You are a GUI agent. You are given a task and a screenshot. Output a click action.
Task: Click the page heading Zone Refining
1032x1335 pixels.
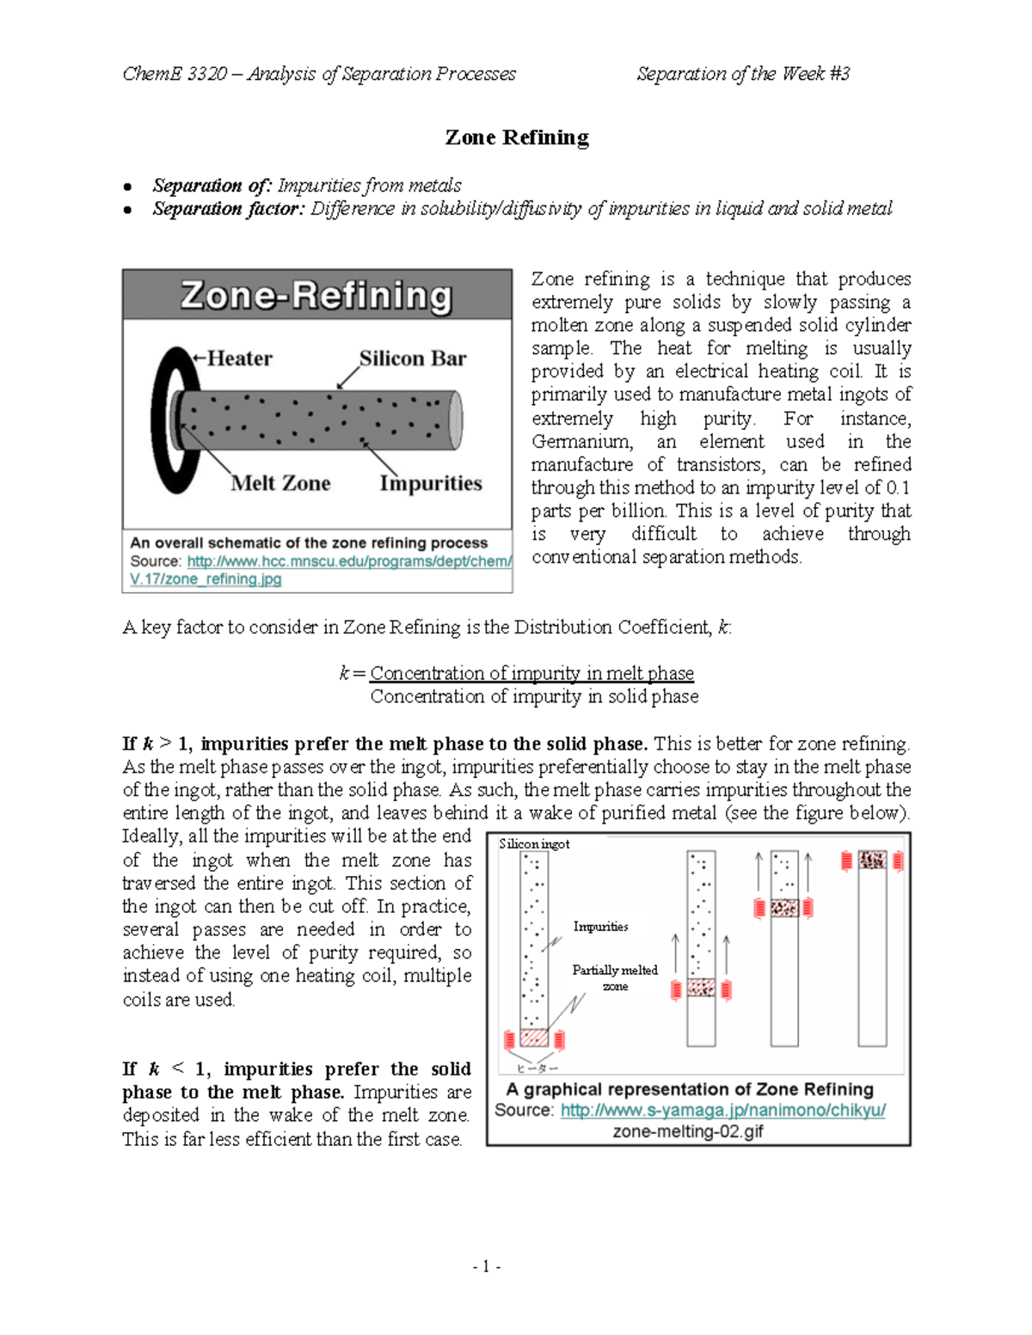516,138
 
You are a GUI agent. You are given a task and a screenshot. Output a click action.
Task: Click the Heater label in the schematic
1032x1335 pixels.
238,358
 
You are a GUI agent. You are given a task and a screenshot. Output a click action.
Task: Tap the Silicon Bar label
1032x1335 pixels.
413,358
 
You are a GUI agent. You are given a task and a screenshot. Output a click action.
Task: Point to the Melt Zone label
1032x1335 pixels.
280,483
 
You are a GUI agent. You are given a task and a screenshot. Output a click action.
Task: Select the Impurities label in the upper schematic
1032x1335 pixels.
431,483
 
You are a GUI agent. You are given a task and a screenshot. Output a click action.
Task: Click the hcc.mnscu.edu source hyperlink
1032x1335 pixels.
348,561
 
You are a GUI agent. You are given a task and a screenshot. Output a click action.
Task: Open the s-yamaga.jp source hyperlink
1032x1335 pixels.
722,1111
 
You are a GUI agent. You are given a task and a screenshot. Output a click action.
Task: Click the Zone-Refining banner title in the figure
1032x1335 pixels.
316,296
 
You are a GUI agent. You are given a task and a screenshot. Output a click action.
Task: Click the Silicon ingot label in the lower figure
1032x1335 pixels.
534,844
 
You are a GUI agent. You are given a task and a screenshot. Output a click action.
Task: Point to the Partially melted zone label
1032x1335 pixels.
614,977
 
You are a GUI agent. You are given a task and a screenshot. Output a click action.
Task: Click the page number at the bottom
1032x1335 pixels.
487,1266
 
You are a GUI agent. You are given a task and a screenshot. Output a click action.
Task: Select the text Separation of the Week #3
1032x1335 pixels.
743,74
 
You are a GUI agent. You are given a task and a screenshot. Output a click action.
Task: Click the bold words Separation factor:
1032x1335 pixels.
228,209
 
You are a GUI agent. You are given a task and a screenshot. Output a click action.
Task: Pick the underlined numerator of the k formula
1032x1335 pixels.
531,673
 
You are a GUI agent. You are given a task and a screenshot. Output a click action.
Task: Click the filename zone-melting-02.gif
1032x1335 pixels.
687,1132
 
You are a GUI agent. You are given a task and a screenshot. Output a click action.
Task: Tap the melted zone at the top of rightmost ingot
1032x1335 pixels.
872,860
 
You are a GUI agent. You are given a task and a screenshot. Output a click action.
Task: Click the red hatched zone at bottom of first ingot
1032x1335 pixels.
534,1038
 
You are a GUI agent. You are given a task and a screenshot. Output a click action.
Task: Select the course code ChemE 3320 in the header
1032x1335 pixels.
175,74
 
